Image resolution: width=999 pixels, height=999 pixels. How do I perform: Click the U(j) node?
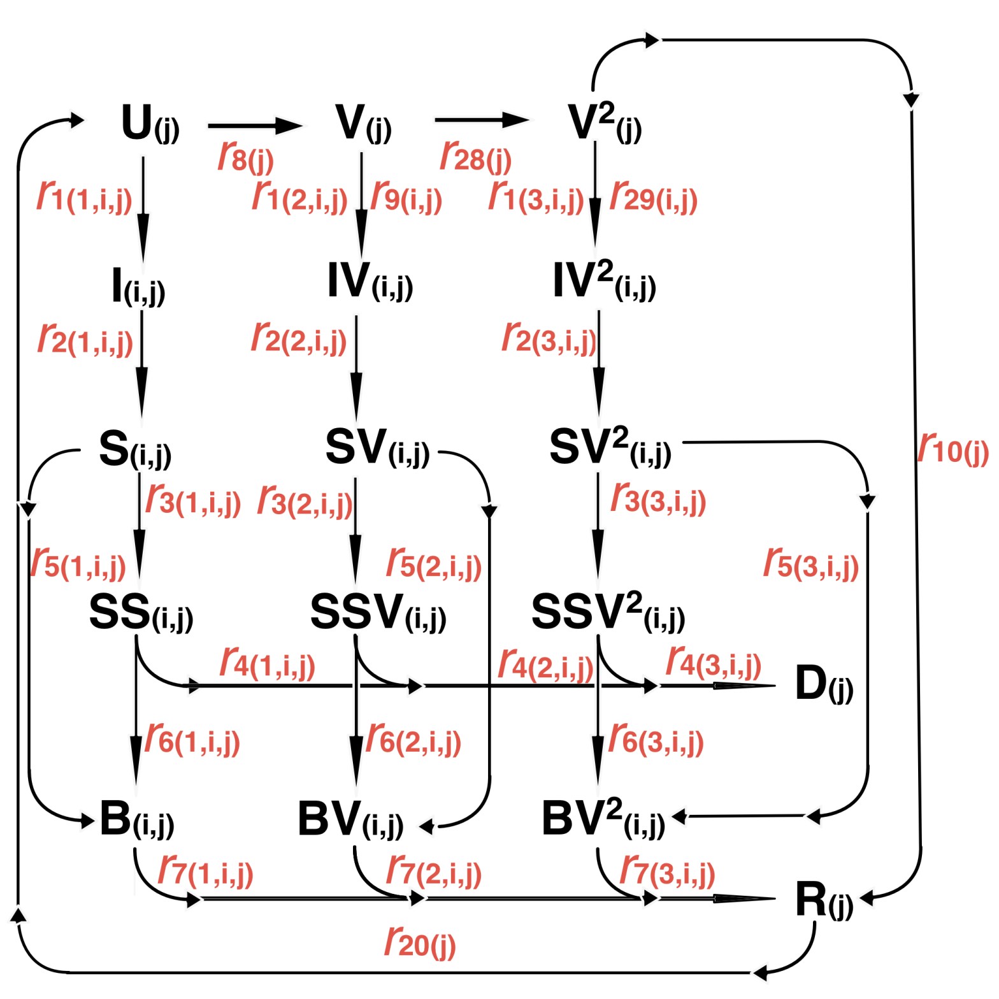[x=150, y=124]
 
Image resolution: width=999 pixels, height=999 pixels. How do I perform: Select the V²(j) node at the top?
[x=603, y=122]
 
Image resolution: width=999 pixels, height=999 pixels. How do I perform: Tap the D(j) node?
[x=823, y=684]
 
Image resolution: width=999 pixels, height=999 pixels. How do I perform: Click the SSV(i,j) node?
[x=377, y=613]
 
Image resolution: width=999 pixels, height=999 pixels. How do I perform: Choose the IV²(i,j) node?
[x=603, y=282]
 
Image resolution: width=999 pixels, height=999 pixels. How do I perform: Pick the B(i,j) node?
[x=136, y=820]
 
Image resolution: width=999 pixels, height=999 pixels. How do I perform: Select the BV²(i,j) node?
[x=603, y=819]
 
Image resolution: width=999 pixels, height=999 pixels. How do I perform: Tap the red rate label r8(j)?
[x=245, y=155]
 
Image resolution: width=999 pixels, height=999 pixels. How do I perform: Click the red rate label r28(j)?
[x=475, y=155]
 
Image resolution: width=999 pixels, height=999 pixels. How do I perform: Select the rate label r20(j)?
[x=420, y=942]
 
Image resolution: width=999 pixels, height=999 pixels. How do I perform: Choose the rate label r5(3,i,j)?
[x=810, y=564]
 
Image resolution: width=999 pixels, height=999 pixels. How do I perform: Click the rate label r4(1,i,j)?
[x=267, y=663]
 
